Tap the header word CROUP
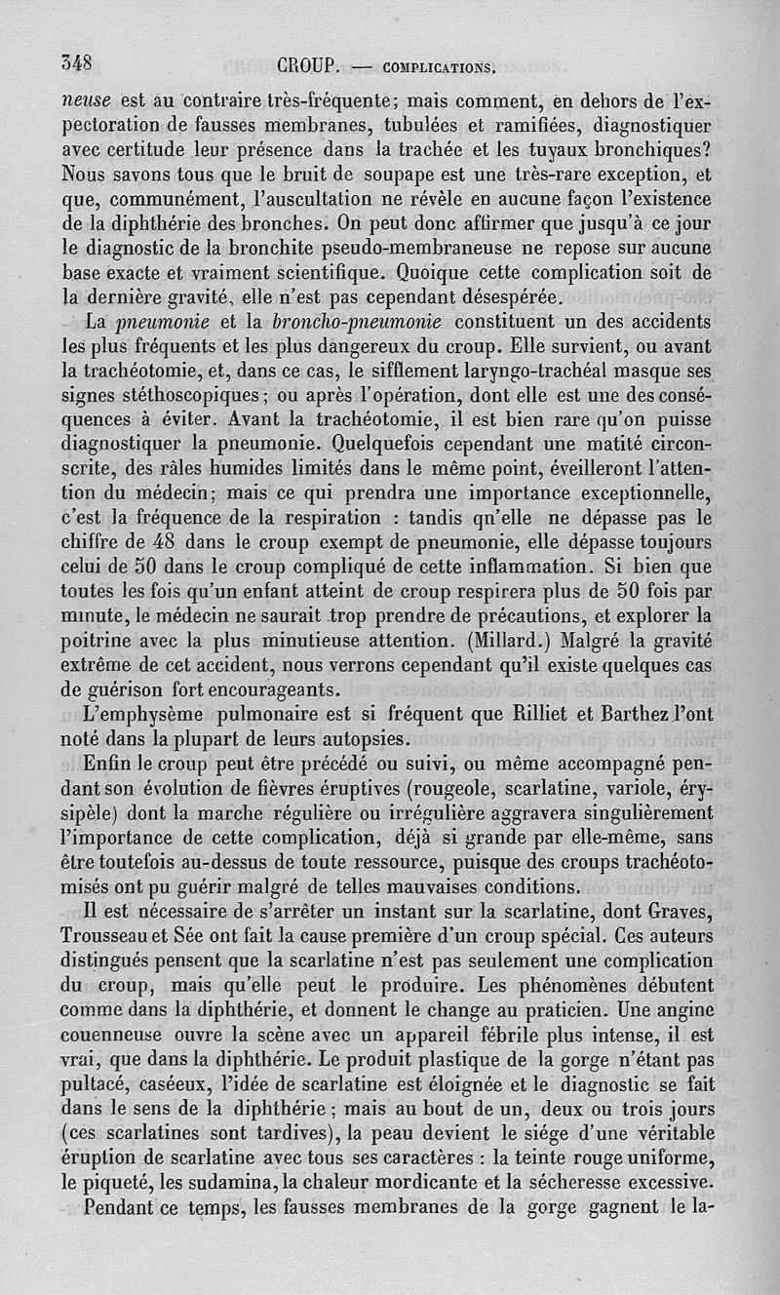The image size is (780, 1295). point(308,67)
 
